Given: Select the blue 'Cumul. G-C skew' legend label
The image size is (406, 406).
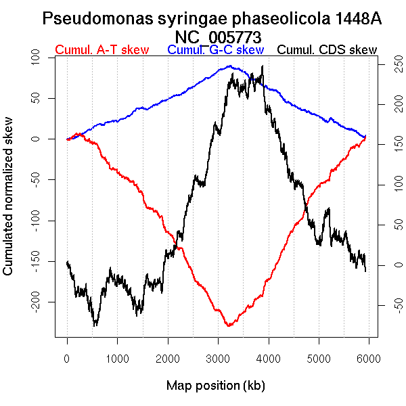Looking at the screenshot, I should coord(215,50).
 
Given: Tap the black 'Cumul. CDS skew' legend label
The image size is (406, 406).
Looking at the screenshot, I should coord(327,50).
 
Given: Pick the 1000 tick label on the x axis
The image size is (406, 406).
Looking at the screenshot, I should coord(117,358).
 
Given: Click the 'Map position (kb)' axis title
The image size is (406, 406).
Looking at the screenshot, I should coord(215,386).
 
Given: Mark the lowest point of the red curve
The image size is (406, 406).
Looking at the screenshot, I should coord(229,326).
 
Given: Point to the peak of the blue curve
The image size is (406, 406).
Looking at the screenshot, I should coord(230,66).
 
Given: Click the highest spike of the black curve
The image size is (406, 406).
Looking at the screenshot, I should coord(262,66).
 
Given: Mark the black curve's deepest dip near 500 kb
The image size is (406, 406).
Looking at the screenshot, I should coord(95,325).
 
